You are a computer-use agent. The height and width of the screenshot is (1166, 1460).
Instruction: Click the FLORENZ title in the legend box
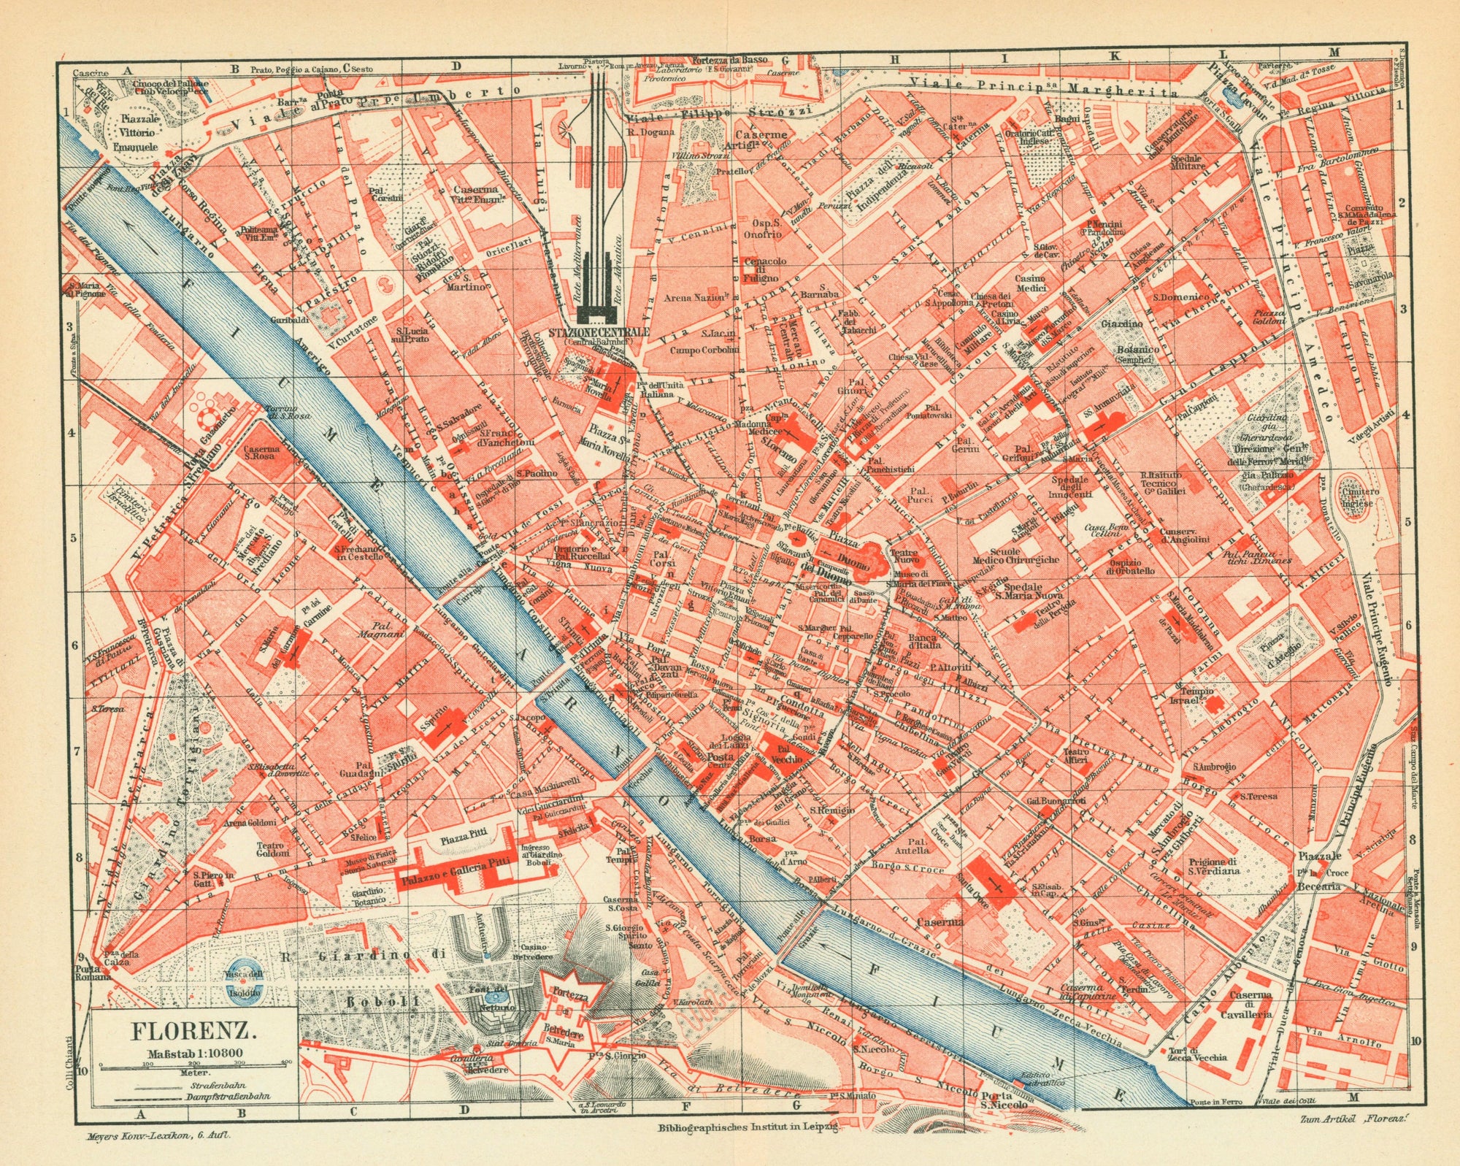coord(193,1032)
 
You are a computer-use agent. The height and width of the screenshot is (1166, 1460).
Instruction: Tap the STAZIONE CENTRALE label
coord(599,331)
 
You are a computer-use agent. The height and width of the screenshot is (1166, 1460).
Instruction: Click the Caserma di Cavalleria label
coord(1250,1005)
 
